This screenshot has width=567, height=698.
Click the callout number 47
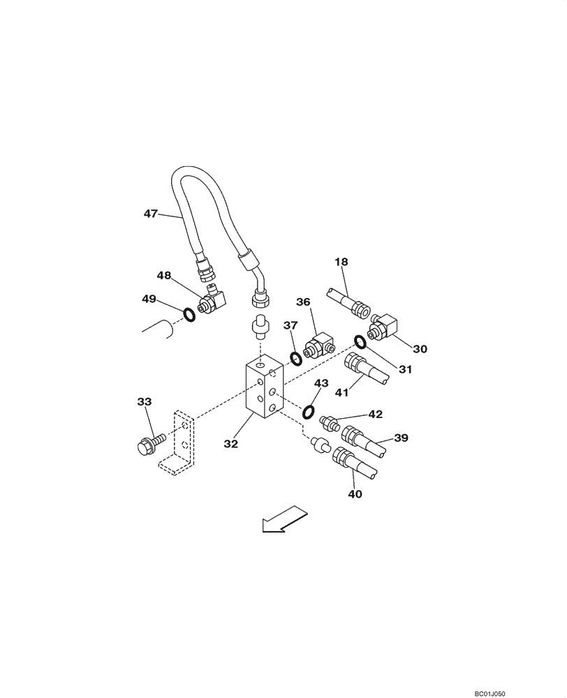[150, 214]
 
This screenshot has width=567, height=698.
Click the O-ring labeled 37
[295, 359]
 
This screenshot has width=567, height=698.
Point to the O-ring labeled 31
[360, 341]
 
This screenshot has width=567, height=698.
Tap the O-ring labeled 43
[309, 412]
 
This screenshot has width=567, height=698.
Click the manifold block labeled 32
[263, 390]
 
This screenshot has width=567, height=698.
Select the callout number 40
[355, 493]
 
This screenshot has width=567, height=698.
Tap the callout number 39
[401, 438]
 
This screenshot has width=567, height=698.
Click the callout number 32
[232, 443]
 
